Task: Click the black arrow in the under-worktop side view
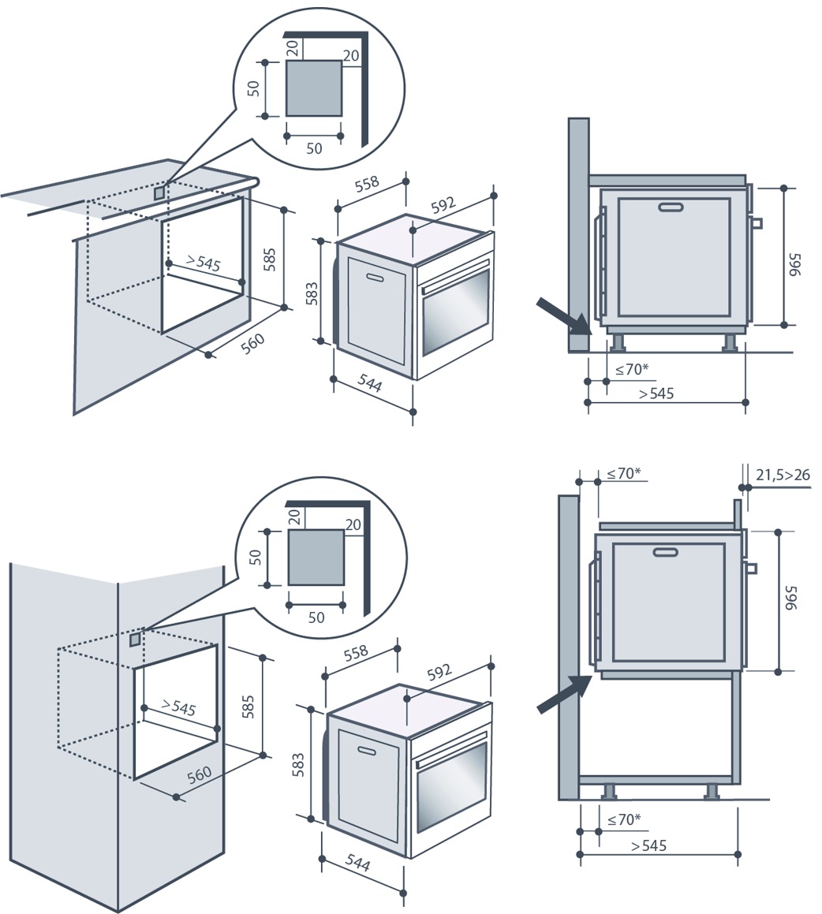[562, 315]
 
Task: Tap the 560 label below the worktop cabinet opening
[253, 345]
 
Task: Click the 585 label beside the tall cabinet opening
[247, 704]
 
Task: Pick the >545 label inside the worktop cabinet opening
[204, 263]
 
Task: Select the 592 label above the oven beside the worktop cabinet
[444, 206]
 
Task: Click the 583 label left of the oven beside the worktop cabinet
[312, 293]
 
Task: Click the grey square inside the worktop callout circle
[313, 88]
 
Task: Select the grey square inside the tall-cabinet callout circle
[316, 557]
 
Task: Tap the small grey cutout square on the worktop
[160, 192]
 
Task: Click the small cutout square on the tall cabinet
[136, 637]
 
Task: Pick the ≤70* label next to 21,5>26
[623, 474]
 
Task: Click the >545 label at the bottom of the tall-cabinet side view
[648, 846]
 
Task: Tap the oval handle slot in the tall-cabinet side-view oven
[667, 551]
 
